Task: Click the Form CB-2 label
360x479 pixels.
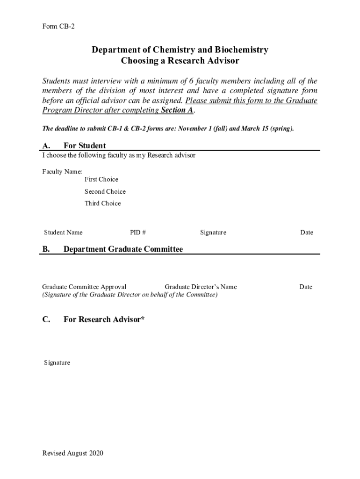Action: point(58,27)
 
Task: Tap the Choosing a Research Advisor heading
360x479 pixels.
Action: point(180,61)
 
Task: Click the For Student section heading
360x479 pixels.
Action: point(85,145)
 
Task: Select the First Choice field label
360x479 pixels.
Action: point(101,179)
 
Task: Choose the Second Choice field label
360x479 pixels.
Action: point(105,191)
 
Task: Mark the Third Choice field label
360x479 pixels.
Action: point(103,203)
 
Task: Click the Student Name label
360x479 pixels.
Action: point(63,232)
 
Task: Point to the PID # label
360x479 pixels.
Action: point(138,232)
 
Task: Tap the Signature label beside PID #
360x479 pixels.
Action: point(213,232)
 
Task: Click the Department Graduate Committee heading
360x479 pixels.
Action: point(123,249)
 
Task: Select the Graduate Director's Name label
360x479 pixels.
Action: point(201,287)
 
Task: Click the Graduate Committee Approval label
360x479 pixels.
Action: point(84,287)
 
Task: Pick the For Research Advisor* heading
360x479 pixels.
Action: point(104,319)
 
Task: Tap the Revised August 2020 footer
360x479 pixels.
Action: point(72,453)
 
